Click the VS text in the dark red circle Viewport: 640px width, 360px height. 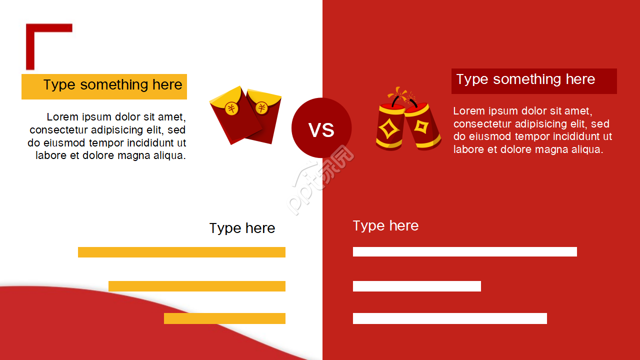(321, 130)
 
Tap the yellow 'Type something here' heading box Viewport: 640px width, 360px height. (104, 86)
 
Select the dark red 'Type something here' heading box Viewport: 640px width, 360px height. (534, 81)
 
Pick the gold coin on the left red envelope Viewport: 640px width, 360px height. (231, 108)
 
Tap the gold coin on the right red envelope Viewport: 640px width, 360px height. (261, 108)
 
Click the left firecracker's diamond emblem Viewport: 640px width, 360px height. (388, 128)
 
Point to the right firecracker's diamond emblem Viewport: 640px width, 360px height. (421, 126)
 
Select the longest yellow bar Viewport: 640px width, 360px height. (181, 252)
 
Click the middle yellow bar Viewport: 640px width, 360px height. (197, 286)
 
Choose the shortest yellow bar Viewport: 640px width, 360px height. (224, 318)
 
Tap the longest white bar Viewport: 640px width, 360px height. (465, 251)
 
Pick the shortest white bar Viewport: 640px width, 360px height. (417, 286)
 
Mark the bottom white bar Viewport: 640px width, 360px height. (450, 318)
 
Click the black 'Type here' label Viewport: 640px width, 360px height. (242, 228)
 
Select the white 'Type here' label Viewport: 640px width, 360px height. (385, 226)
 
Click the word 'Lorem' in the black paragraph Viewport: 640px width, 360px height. (62, 117)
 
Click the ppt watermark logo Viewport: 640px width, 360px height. (320, 180)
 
